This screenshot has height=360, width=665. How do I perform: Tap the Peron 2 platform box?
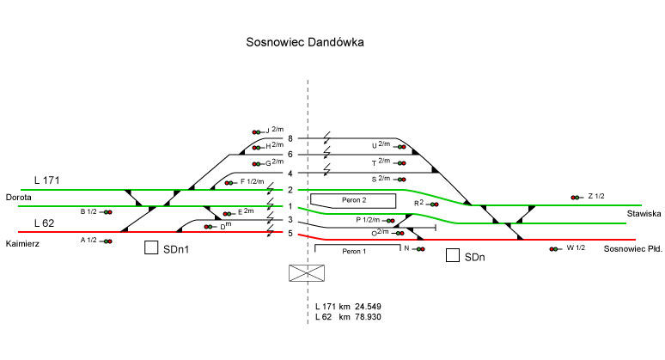(x=352, y=200)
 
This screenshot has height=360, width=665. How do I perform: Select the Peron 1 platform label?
(x=353, y=252)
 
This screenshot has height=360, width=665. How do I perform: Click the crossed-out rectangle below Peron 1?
(x=308, y=273)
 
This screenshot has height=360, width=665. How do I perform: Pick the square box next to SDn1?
(x=151, y=248)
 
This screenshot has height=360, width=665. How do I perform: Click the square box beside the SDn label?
(x=453, y=255)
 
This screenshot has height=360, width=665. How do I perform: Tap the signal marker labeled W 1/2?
(x=554, y=249)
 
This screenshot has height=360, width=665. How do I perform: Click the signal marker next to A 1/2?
(x=107, y=241)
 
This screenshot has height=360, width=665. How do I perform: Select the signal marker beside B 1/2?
(x=107, y=211)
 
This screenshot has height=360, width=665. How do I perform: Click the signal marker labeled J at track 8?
(x=257, y=131)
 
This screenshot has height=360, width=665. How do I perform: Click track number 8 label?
(x=290, y=138)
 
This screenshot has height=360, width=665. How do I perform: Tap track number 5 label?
(x=290, y=233)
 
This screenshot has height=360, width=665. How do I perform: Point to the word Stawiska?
(x=644, y=213)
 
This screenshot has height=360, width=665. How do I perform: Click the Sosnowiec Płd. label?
(x=631, y=248)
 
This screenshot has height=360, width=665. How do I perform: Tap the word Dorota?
(x=18, y=197)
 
